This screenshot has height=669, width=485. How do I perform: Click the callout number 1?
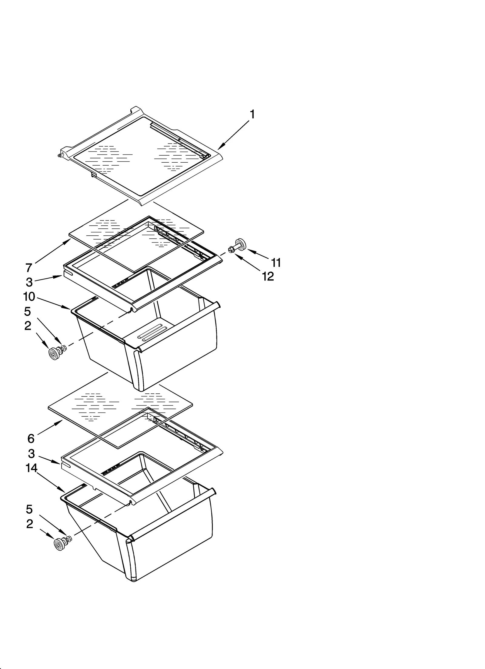click(252, 115)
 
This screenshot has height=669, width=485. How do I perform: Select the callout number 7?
click(29, 268)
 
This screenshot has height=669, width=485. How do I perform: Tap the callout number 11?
click(276, 263)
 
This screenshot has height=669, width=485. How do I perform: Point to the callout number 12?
click(268, 276)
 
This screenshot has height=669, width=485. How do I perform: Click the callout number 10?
click(29, 296)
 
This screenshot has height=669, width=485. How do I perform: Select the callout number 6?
click(31, 438)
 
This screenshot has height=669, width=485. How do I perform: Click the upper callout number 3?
click(29, 282)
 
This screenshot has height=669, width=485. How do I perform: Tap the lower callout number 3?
click(31, 453)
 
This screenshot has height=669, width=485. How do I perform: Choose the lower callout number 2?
click(29, 524)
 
